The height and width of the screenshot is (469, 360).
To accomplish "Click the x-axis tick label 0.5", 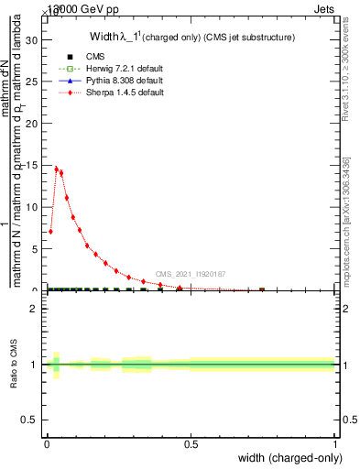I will [191, 444].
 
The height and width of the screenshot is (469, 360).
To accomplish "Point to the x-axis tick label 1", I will [335, 444].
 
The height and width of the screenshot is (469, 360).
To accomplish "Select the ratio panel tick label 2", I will [34, 309].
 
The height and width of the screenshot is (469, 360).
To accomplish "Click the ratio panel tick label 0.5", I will [31, 420].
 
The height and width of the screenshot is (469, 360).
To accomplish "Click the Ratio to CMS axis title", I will [13, 365].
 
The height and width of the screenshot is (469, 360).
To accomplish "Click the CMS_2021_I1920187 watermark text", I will [191, 274].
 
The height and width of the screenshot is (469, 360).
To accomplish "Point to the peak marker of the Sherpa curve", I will [57, 169].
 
